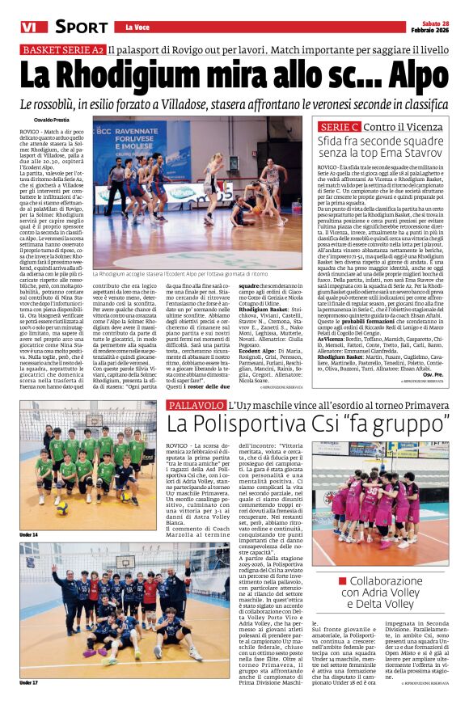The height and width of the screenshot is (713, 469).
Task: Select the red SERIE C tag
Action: coord(339,127)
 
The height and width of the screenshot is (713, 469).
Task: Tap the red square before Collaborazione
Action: coord(342,580)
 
